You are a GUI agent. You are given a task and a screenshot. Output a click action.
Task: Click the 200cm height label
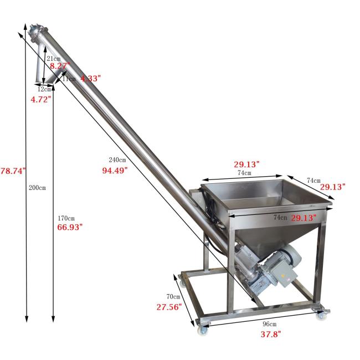pyautogui.click(x=37, y=188)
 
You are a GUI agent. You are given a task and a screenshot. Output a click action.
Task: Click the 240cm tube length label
pyautogui.click(x=117, y=160)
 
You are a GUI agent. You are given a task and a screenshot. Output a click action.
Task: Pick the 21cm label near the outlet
pyautogui.click(x=53, y=58)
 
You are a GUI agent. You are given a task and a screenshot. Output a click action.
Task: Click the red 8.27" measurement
pyautogui.click(x=60, y=66)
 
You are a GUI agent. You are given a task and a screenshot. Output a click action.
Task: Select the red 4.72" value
pyautogui.click(x=40, y=99)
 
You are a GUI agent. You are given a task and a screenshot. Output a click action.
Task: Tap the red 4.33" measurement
pyautogui.click(x=90, y=79)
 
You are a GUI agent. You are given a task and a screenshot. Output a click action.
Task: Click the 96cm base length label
pyautogui.click(x=269, y=324)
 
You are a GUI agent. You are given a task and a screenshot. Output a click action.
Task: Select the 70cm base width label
pyautogui.click(x=173, y=297)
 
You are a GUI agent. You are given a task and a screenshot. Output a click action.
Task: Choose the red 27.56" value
pyautogui.click(x=169, y=307)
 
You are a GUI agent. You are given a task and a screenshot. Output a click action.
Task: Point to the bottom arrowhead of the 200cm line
pyautogui.click(x=27, y=320)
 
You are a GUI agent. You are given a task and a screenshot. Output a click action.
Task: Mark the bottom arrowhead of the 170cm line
pyautogui.click(x=53, y=320)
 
